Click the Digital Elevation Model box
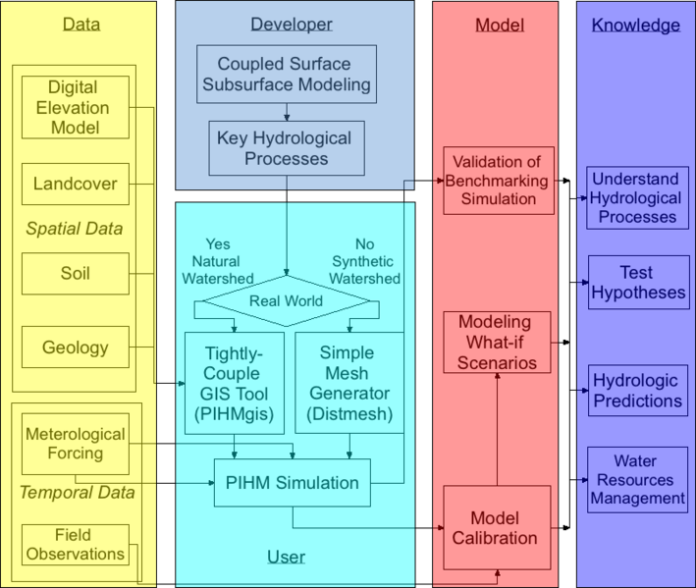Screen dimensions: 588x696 (75, 107)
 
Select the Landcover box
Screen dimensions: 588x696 (75, 184)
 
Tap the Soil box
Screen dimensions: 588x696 (75, 273)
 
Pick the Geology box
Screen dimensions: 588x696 (75, 347)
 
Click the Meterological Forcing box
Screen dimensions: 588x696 (75, 444)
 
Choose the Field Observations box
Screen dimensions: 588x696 (75, 545)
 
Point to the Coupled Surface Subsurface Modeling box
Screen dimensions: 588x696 (287, 74)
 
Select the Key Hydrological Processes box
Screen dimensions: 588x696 (287, 147)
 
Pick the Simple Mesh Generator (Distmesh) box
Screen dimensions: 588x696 (349, 383)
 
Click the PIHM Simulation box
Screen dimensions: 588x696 (293, 483)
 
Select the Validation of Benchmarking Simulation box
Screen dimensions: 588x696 (499, 181)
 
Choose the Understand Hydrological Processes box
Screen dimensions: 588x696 (637, 197)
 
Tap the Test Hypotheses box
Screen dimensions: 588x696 (637, 282)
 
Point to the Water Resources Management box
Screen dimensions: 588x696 (637, 479)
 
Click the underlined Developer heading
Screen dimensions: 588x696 (292, 24)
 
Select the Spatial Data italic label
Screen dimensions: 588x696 (75, 229)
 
